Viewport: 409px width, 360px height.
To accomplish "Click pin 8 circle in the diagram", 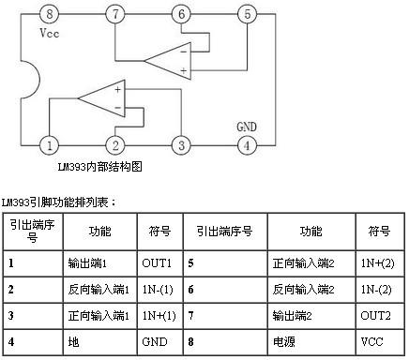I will click(x=50, y=14).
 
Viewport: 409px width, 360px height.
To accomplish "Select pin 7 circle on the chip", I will click(x=114, y=14).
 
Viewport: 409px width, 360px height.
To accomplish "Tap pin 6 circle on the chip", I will click(x=181, y=14).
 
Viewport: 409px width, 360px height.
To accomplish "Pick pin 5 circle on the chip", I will click(x=246, y=14).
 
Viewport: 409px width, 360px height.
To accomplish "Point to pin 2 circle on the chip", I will click(x=114, y=145).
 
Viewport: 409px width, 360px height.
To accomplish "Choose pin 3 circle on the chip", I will click(x=180, y=145).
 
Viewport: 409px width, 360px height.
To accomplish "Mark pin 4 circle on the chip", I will click(x=246, y=145).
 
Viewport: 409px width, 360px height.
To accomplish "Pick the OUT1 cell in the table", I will click(x=155, y=263).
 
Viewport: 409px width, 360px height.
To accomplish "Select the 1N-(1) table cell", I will click(x=155, y=291).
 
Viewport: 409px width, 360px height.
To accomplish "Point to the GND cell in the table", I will click(x=155, y=343).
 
